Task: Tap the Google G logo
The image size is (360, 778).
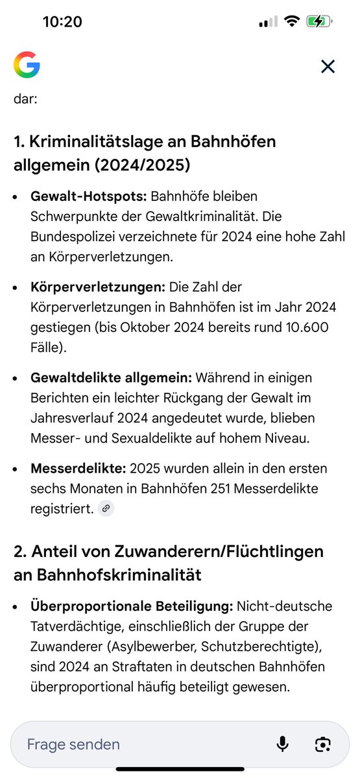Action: (27, 65)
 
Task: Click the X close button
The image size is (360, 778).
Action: (328, 66)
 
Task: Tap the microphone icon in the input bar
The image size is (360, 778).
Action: (282, 743)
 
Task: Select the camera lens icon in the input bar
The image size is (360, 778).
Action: (322, 743)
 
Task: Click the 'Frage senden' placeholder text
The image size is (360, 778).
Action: (73, 744)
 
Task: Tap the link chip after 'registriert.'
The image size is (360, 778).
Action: (106, 510)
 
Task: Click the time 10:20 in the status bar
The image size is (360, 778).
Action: (62, 21)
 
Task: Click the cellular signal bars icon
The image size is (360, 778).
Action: (267, 21)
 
